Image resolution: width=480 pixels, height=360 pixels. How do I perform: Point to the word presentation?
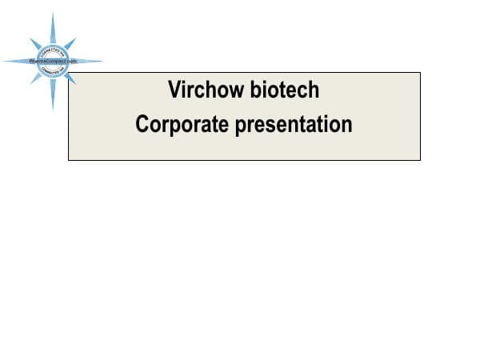293,125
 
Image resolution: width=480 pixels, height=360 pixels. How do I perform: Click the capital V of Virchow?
174,90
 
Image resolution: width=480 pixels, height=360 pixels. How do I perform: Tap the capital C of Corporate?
142,125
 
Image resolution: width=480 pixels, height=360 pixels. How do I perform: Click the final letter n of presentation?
347,126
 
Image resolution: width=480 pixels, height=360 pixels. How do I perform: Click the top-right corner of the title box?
420,73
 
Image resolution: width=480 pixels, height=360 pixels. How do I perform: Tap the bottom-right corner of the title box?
420,160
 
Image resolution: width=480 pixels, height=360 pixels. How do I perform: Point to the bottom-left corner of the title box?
69,160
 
